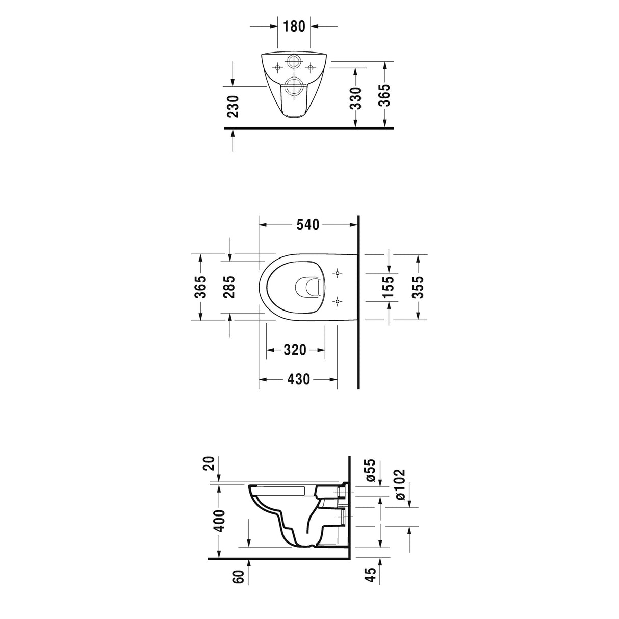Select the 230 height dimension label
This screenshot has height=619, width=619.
(233, 106)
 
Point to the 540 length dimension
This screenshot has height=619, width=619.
(308, 224)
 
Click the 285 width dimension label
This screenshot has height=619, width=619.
(229, 287)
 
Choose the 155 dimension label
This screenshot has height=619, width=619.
(389, 287)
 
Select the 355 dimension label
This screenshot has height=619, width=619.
(418, 287)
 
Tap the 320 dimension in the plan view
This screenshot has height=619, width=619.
(295, 350)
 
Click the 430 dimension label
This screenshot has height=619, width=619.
(298, 380)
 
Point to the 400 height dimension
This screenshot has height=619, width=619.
(219, 520)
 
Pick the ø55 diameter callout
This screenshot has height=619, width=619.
(371, 470)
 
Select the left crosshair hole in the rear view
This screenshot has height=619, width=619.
(277, 67)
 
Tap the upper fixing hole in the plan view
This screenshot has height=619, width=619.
(338, 274)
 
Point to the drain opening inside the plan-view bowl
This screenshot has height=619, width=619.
(310, 287)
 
